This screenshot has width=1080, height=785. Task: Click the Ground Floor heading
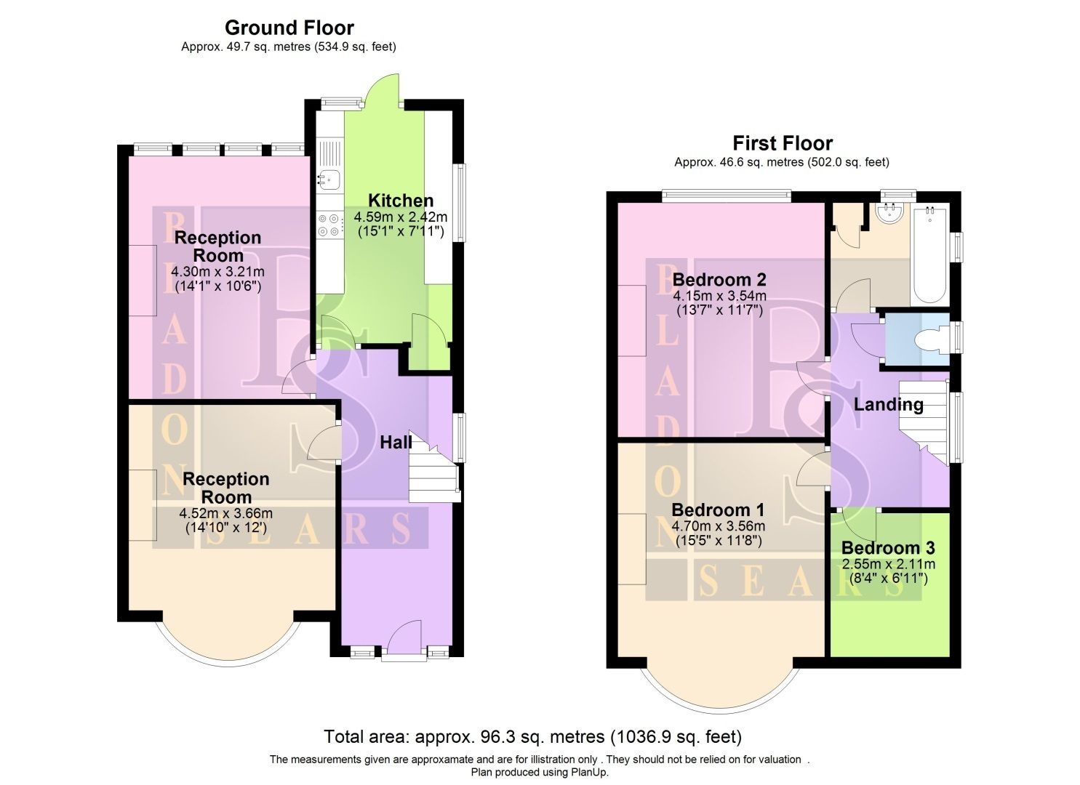tap(289, 28)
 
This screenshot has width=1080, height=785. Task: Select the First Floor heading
tap(782, 143)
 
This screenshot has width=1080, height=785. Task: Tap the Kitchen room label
tap(400, 201)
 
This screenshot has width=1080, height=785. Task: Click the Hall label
tap(396, 442)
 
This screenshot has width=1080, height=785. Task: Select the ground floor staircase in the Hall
tap(433, 476)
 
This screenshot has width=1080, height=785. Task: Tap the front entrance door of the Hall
tap(404, 640)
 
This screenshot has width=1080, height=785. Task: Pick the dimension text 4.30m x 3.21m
tap(217, 272)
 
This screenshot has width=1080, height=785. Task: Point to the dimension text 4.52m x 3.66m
tap(226, 513)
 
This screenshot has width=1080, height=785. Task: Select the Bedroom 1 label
tap(718, 510)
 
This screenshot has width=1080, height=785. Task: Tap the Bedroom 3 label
tap(888, 548)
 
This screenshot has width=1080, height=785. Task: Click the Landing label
tap(888, 405)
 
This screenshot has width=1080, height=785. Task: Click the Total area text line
tap(532, 736)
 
